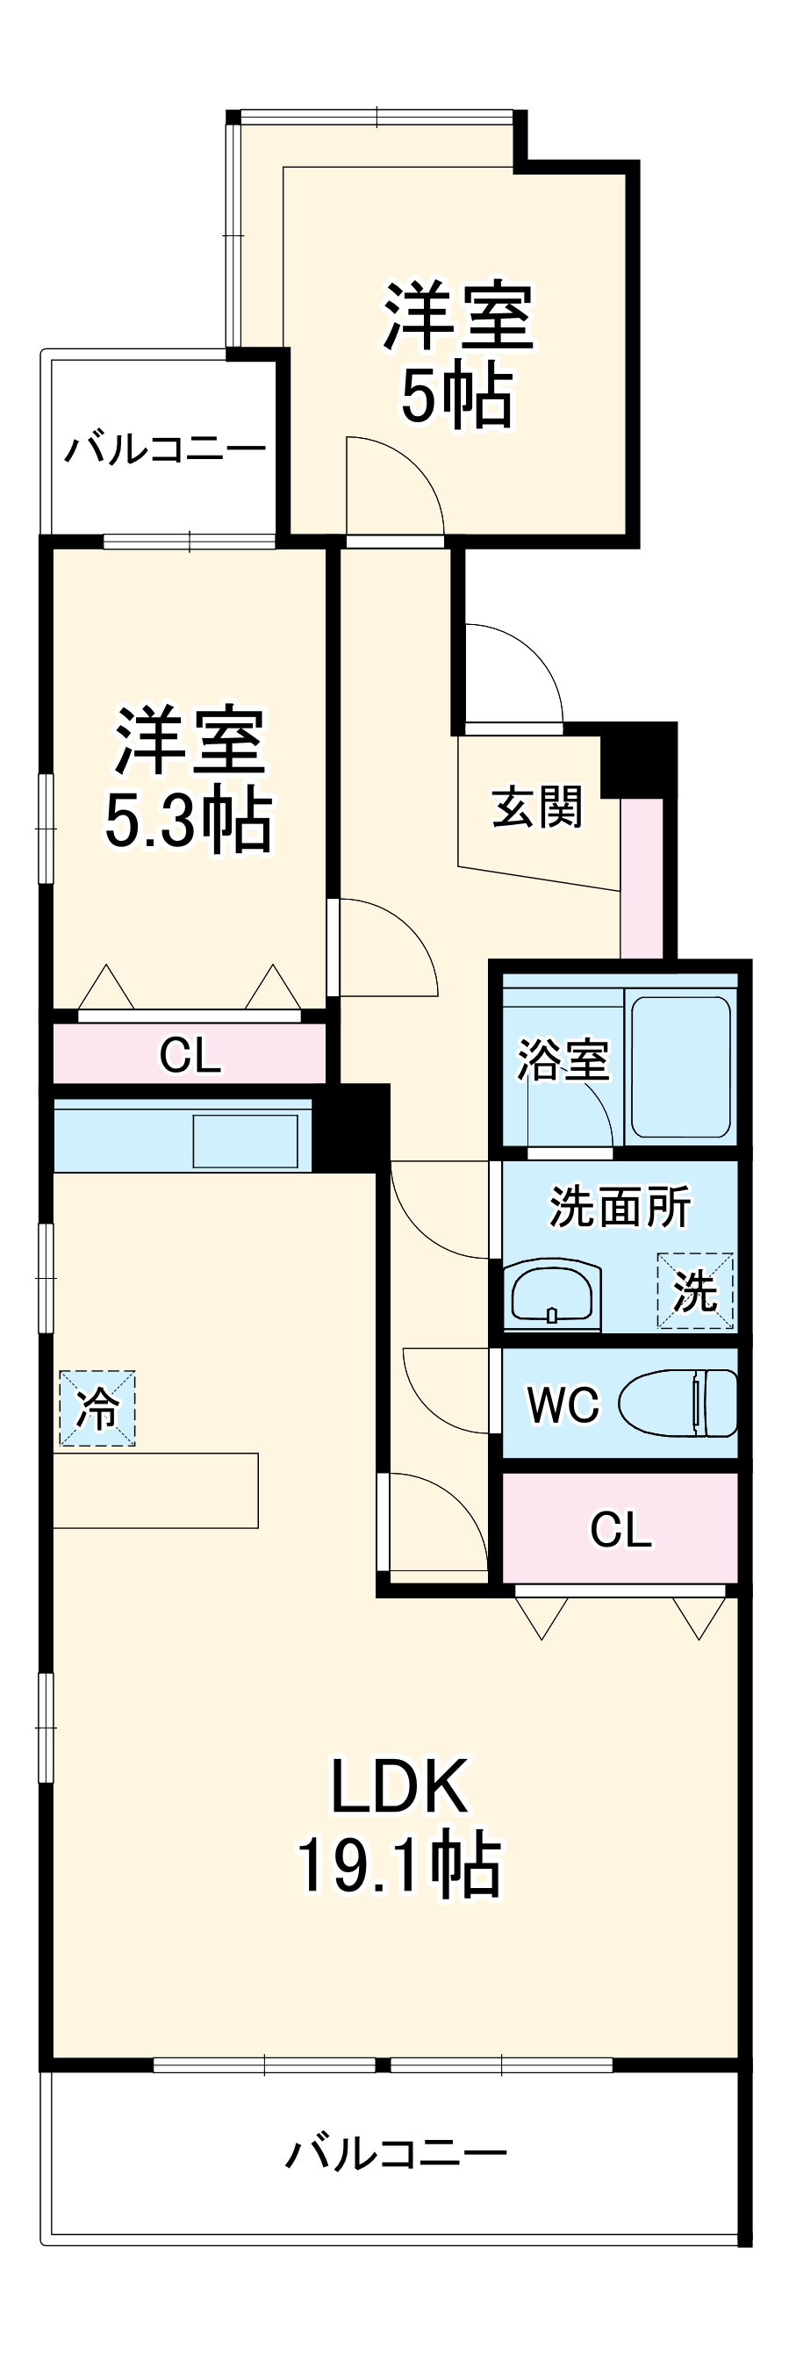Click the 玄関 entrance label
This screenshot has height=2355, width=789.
point(536,808)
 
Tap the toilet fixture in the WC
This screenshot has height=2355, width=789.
point(678,1402)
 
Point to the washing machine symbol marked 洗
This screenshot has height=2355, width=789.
point(695,1291)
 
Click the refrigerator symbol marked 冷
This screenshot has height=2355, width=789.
point(97,1408)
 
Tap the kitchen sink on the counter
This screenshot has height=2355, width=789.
point(244,1140)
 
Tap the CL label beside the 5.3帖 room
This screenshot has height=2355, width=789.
point(190,1055)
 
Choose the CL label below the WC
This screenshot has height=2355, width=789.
point(620,1528)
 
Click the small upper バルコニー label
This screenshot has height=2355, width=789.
point(165,449)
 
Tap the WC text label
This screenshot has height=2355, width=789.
point(563,1404)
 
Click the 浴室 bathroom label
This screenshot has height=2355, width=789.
point(563,1059)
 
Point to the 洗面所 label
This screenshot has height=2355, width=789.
point(620,1207)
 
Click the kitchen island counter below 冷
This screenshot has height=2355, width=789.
point(155,1490)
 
